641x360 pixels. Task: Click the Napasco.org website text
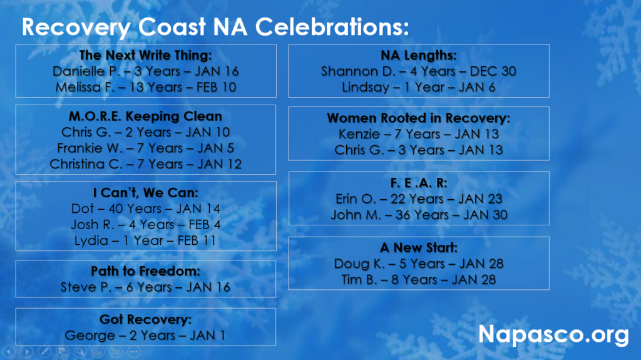click(x=553, y=335)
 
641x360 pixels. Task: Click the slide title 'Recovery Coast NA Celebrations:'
click(x=215, y=27)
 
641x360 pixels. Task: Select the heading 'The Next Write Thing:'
click(x=145, y=55)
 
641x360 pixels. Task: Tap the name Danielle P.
click(x=86, y=71)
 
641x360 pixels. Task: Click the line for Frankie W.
click(x=145, y=148)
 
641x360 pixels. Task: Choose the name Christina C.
click(x=86, y=164)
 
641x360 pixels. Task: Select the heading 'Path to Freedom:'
click(x=145, y=271)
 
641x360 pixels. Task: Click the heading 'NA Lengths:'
click(x=419, y=55)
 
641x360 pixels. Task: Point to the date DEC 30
click(x=493, y=71)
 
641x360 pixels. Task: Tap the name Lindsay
click(x=366, y=87)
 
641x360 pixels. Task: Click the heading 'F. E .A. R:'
click(x=419, y=183)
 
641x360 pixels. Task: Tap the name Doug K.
click(x=359, y=264)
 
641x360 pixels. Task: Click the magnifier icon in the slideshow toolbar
click(x=80, y=351)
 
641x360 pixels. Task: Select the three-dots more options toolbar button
click(x=134, y=351)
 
